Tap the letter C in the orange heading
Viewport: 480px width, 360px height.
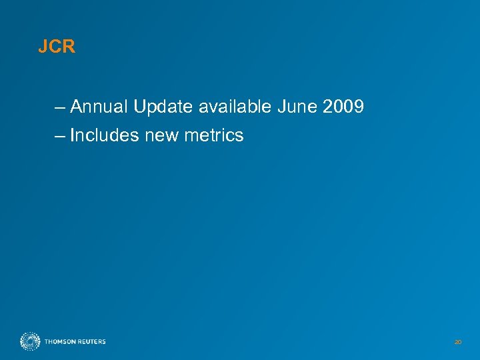55,48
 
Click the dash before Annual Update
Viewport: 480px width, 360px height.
61,107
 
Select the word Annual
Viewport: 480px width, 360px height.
99,107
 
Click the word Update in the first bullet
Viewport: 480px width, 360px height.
161,107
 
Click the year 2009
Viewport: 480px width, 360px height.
344,107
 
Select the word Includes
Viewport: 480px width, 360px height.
102,136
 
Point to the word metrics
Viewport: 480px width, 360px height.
215,136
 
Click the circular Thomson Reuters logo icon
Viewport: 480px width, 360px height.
30,341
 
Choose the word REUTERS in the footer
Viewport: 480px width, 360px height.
91,342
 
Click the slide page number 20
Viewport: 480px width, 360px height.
457,342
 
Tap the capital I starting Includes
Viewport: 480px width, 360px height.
72,136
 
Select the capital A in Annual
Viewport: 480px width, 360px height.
75,107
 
